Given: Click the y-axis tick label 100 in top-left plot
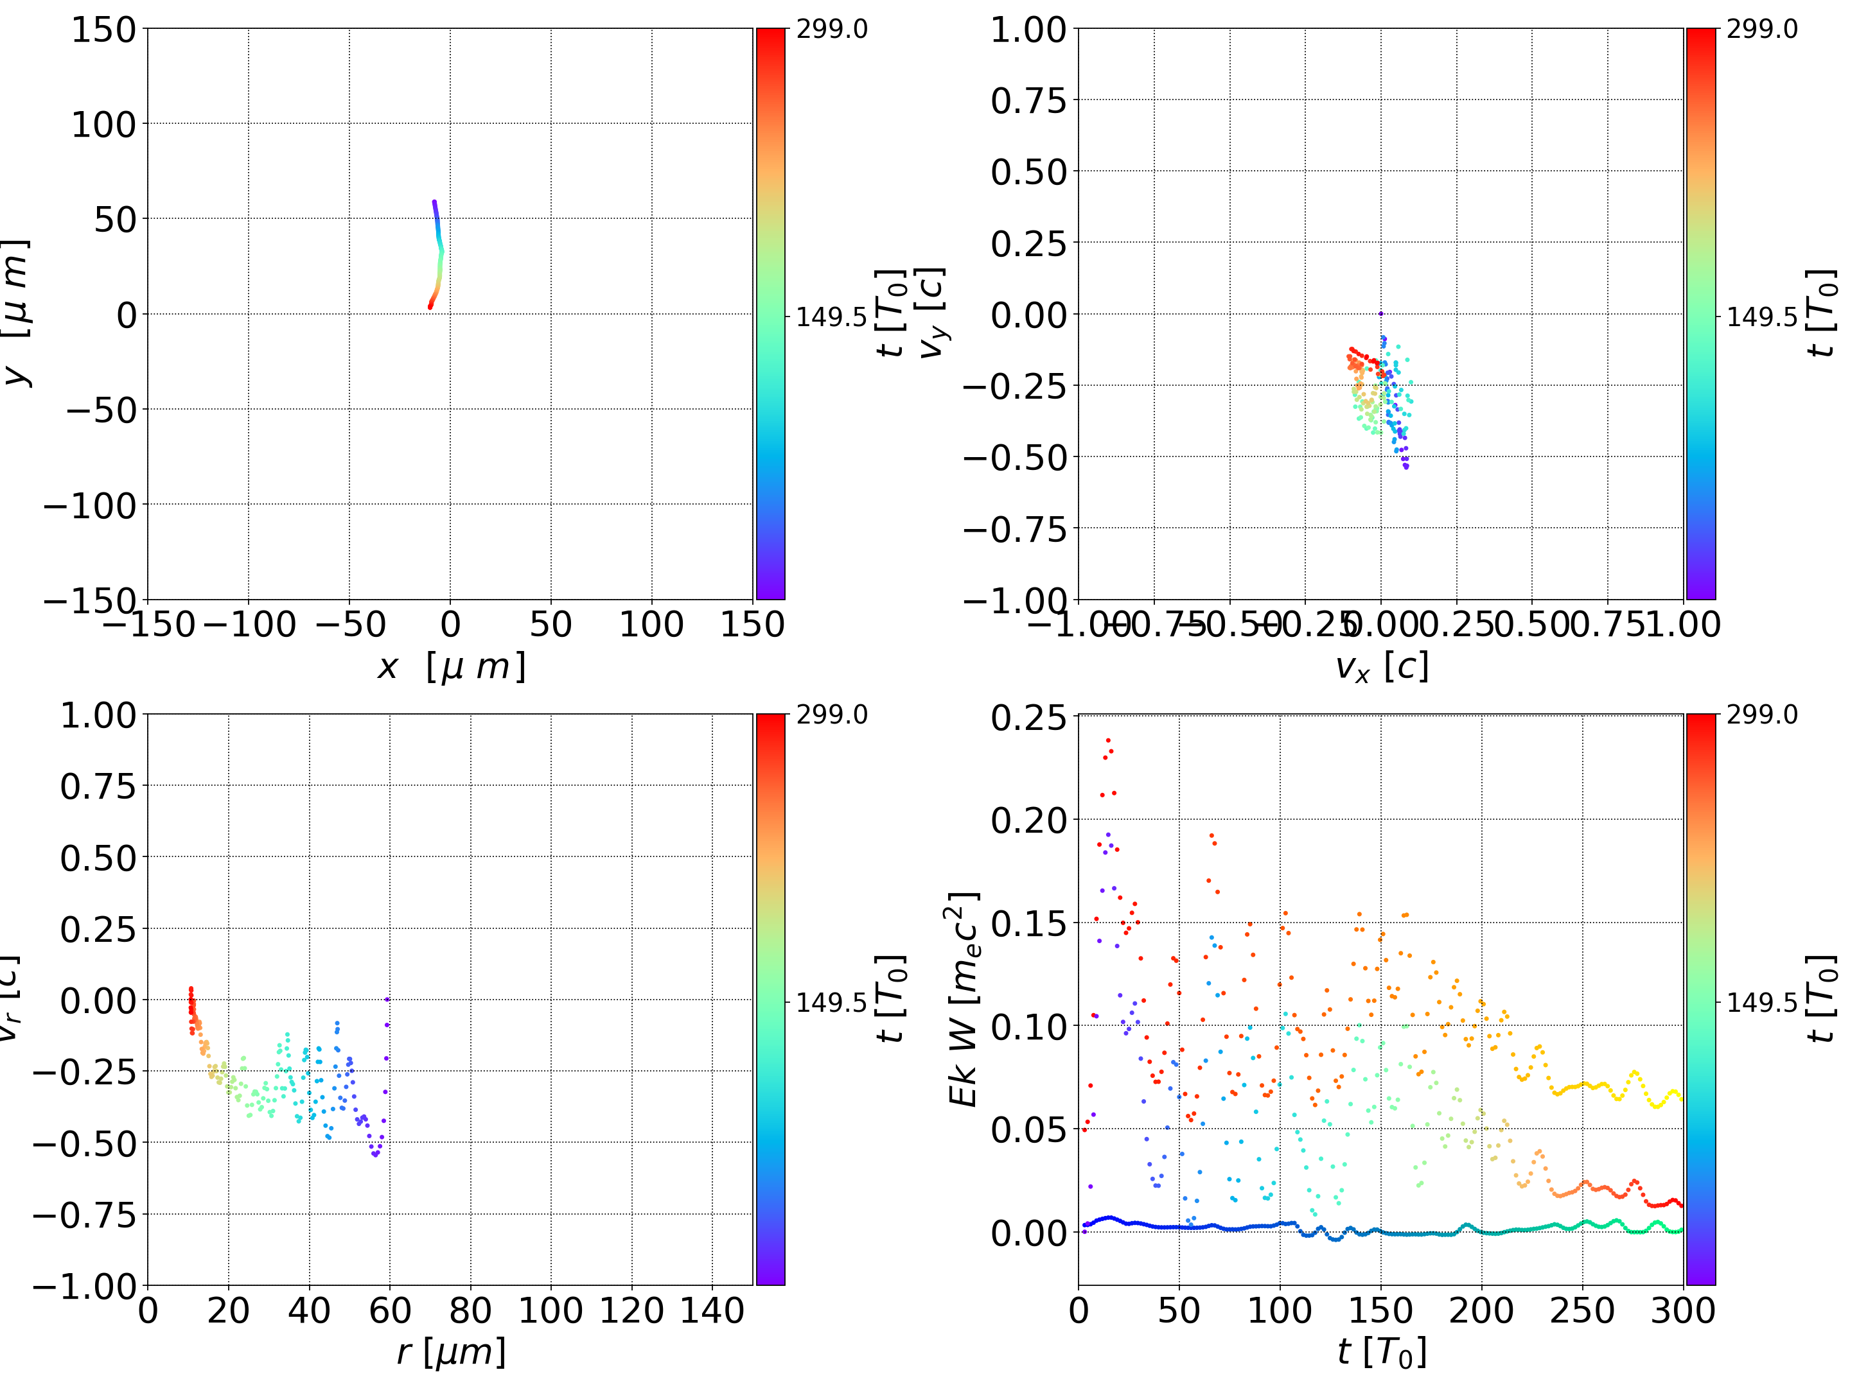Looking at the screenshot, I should pyautogui.click(x=103, y=125).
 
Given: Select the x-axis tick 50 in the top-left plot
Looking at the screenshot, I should pyautogui.click(x=551, y=625).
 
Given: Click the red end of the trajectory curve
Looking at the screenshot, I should pyautogui.click(x=430, y=307).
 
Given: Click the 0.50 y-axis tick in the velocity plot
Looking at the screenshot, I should pyautogui.click(x=1028, y=172).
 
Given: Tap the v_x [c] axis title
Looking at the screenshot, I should pyautogui.click(x=1381, y=667).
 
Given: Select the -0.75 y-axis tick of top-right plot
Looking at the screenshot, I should pyautogui.click(x=1014, y=529).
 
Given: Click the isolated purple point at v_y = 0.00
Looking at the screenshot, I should pyautogui.click(x=1381, y=313).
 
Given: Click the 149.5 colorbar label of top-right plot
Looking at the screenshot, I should pyautogui.click(x=1761, y=317).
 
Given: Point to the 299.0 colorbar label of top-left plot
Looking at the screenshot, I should pyautogui.click(x=831, y=30).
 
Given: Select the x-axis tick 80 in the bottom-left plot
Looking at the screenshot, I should pyautogui.click(x=470, y=1310).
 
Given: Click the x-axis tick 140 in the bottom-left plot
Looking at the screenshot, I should pyautogui.click(x=712, y=1310).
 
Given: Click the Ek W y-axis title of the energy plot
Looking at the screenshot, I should pyautogui.click(x=964, y=999).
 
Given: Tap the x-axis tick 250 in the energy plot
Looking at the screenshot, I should pyautogui.click(x=1581, y=1310).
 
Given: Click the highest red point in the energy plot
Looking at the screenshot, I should pyautogui.click(x=1108, y=740).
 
